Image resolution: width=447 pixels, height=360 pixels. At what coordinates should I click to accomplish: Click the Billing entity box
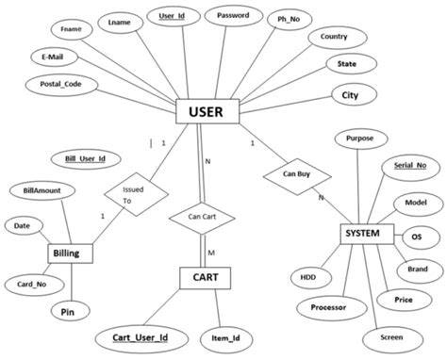[72, 254]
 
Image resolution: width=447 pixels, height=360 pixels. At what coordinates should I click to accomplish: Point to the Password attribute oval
[233, 17]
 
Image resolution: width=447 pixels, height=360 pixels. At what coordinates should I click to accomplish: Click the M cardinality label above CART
[211, 254]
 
